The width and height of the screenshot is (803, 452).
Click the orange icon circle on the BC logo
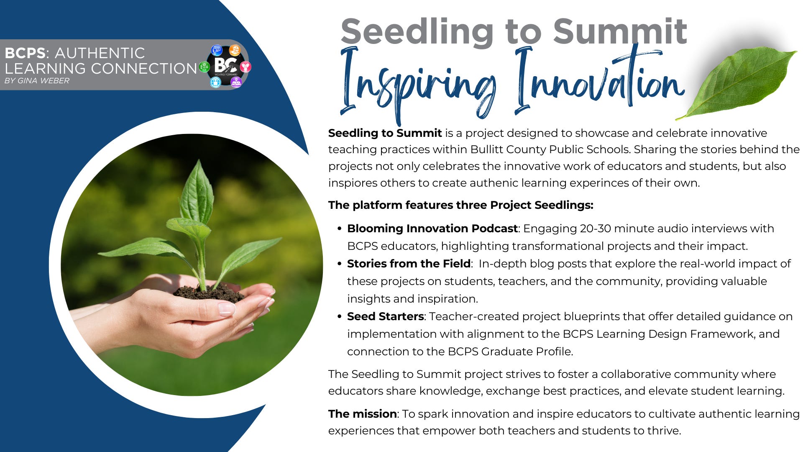click(x=235, y=51)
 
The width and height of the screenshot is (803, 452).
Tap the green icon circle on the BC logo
click(x=204, y=67)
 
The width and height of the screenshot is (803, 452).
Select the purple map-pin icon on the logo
click(x=236, y=82)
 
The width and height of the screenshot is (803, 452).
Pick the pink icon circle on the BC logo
click(x=246, y=67)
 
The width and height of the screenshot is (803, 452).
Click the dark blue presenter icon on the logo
click(x=216, y=51)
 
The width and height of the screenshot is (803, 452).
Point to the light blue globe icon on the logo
click(x=215, y=82)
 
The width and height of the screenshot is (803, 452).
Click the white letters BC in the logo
click(x=225, y=66)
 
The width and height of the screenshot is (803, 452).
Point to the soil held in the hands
click(x=209, y=293)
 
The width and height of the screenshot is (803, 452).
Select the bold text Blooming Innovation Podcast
click(x=432, y=229)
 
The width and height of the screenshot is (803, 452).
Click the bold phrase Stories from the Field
click(x=409, y=264)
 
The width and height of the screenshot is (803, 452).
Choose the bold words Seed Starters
click(x=385, y=316)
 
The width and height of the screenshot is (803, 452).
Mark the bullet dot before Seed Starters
click(x=340, y=316)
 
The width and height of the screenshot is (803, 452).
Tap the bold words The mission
click(x=362, y=414)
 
